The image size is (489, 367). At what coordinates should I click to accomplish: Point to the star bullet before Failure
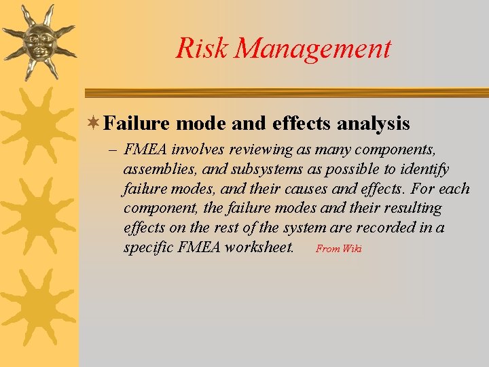94,124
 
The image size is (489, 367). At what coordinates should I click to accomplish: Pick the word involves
204,150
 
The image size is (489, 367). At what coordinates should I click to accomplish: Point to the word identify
425,169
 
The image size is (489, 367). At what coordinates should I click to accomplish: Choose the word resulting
410,208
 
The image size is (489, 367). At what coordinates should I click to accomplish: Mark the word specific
147,247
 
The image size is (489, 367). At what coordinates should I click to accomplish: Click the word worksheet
257,247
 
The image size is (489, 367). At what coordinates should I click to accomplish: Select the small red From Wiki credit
338,249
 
